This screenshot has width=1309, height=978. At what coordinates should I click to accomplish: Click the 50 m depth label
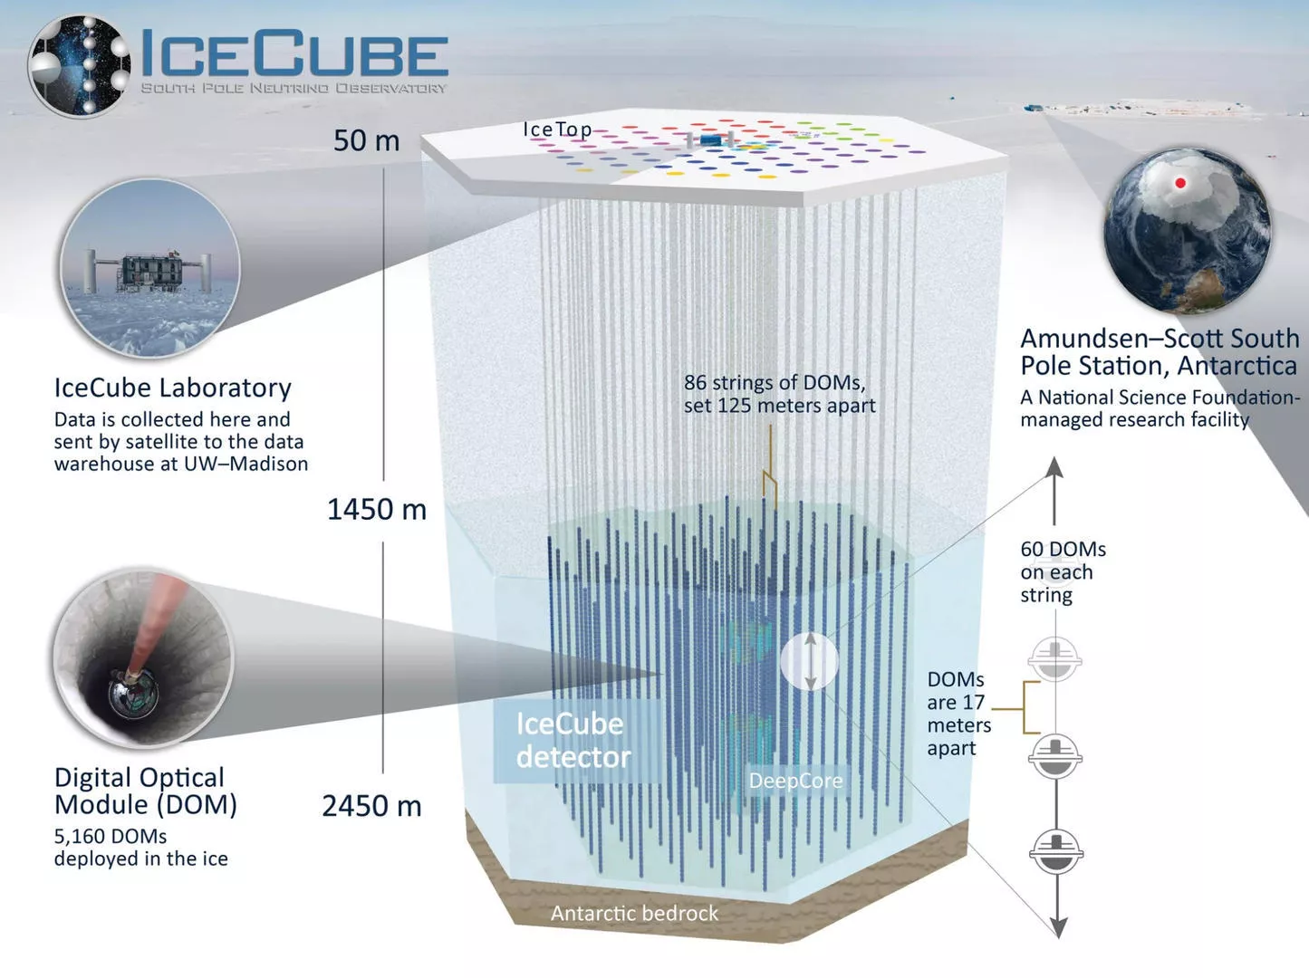tap(366, 140)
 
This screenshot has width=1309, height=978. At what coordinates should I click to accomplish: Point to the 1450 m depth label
tap(377, 510)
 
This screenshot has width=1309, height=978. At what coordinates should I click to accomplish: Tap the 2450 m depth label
tap(372, 806)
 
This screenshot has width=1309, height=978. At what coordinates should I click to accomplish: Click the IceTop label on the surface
tap(557, 129)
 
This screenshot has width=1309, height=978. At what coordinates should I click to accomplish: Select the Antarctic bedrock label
tap(634, 914)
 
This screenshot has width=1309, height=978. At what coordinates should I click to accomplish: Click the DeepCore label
tap(795, 781)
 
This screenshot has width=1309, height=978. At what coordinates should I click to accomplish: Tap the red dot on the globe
tap(1179, 183)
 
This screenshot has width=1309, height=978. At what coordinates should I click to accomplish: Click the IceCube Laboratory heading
tap(173, 388)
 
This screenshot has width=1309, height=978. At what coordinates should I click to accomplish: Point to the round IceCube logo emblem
tap(80, 65)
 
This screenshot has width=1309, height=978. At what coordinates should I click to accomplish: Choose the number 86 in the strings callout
tap(696, 382)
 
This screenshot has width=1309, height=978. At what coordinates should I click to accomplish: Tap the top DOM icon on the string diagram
tap(1054, 660)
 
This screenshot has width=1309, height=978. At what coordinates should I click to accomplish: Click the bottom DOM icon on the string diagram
tap(1056, 851)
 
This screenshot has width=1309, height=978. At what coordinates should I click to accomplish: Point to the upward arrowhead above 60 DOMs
tap(1054, 467)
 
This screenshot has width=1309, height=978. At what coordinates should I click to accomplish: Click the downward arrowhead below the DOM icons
tap(1059, 926)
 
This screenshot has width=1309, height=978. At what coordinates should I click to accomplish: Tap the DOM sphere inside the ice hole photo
tap(133, 695)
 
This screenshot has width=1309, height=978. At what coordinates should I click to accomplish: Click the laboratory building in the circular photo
tap(149, 272)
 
